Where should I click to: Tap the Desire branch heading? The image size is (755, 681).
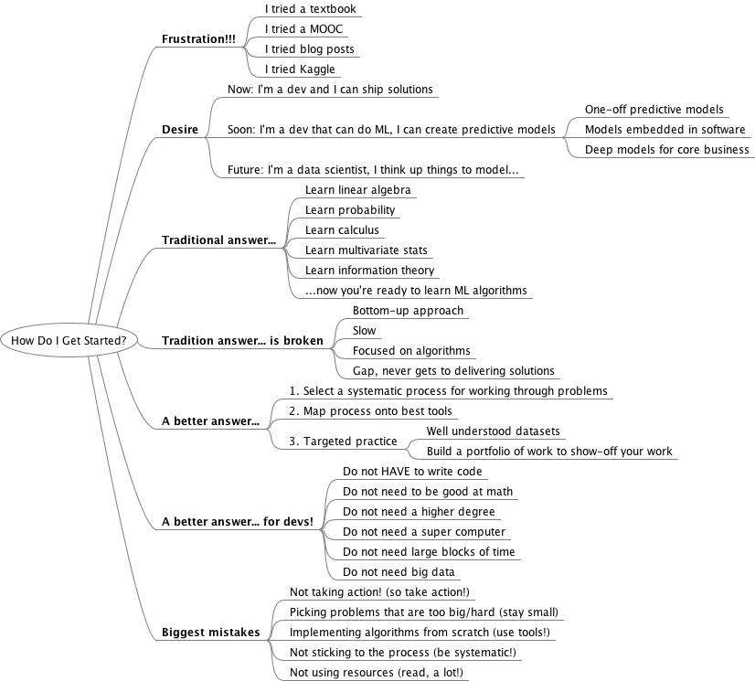point(180,130)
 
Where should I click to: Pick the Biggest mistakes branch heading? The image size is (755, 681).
point(211,632)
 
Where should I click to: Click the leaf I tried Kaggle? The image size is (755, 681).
point(300,69)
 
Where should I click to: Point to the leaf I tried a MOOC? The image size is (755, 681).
point(304,29)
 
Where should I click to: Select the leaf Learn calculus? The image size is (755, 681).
point(342,230)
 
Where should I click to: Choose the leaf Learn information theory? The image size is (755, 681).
point(369,271)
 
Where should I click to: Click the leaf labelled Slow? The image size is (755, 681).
point(364,330)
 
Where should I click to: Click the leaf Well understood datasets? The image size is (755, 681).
point(493,431)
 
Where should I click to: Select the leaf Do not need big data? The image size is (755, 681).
point(399,571)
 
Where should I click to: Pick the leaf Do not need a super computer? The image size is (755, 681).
point(423,531)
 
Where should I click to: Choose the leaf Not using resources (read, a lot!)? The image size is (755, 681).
point(376,672)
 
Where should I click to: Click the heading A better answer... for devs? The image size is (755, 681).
point(238,522)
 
